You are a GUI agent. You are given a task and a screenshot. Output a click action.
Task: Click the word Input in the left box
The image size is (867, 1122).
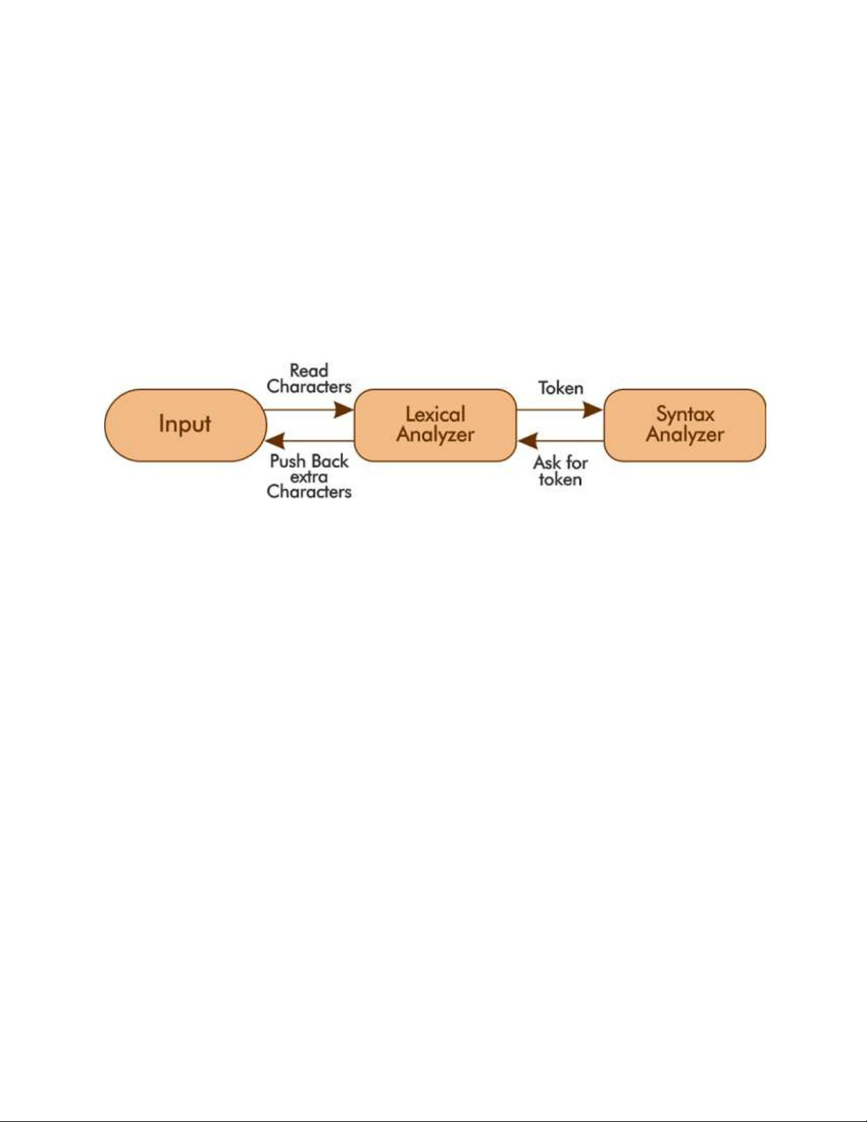(x=185, y=425)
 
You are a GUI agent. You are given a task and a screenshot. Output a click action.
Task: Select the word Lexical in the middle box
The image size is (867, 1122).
(x=435, y=414)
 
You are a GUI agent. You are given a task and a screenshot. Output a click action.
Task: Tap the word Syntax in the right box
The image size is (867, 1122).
(x=685, y=415)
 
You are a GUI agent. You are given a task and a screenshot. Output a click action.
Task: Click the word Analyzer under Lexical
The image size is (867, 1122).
(x=435, y=435)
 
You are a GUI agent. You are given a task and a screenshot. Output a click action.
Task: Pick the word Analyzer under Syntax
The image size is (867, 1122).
(x=685, y=435)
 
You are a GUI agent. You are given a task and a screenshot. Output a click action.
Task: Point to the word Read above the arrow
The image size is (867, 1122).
(x=309, y=370)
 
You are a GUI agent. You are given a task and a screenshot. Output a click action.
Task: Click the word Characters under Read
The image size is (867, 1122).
(x=309, y=387)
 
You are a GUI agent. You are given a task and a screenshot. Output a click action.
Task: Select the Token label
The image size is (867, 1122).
(x=561, y=388)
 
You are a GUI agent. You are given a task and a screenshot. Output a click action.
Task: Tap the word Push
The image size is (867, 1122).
(x=287, y=461)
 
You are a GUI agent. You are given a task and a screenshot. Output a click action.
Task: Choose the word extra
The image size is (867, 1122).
(x=309, y=476)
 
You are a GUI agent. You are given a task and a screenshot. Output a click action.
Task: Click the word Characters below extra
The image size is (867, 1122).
(x=309, y=491)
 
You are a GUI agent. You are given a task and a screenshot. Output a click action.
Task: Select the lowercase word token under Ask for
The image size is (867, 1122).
(x=561, y=479)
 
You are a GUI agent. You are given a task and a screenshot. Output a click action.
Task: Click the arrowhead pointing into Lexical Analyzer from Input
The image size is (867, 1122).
(x=344, y=410)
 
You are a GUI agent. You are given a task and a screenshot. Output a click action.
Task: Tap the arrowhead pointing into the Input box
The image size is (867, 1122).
(x=275, y=441)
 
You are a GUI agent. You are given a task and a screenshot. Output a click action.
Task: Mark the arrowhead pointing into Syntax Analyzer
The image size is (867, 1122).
(x=593, y=410)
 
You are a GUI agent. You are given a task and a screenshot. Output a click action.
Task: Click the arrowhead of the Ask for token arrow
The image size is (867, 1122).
(x=527, y=441)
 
